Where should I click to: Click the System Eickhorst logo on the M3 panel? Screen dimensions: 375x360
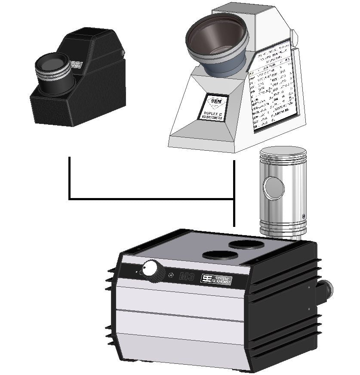point(217,279)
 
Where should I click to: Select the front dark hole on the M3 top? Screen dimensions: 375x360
point(220,255)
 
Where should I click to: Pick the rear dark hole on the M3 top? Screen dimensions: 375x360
point(246,244)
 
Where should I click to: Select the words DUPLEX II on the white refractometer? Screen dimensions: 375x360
point(212,114)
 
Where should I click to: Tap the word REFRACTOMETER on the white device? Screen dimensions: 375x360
point(212,118)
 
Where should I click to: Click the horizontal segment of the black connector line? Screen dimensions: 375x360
point(151,199)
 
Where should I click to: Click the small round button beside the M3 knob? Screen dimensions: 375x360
point(172,275)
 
